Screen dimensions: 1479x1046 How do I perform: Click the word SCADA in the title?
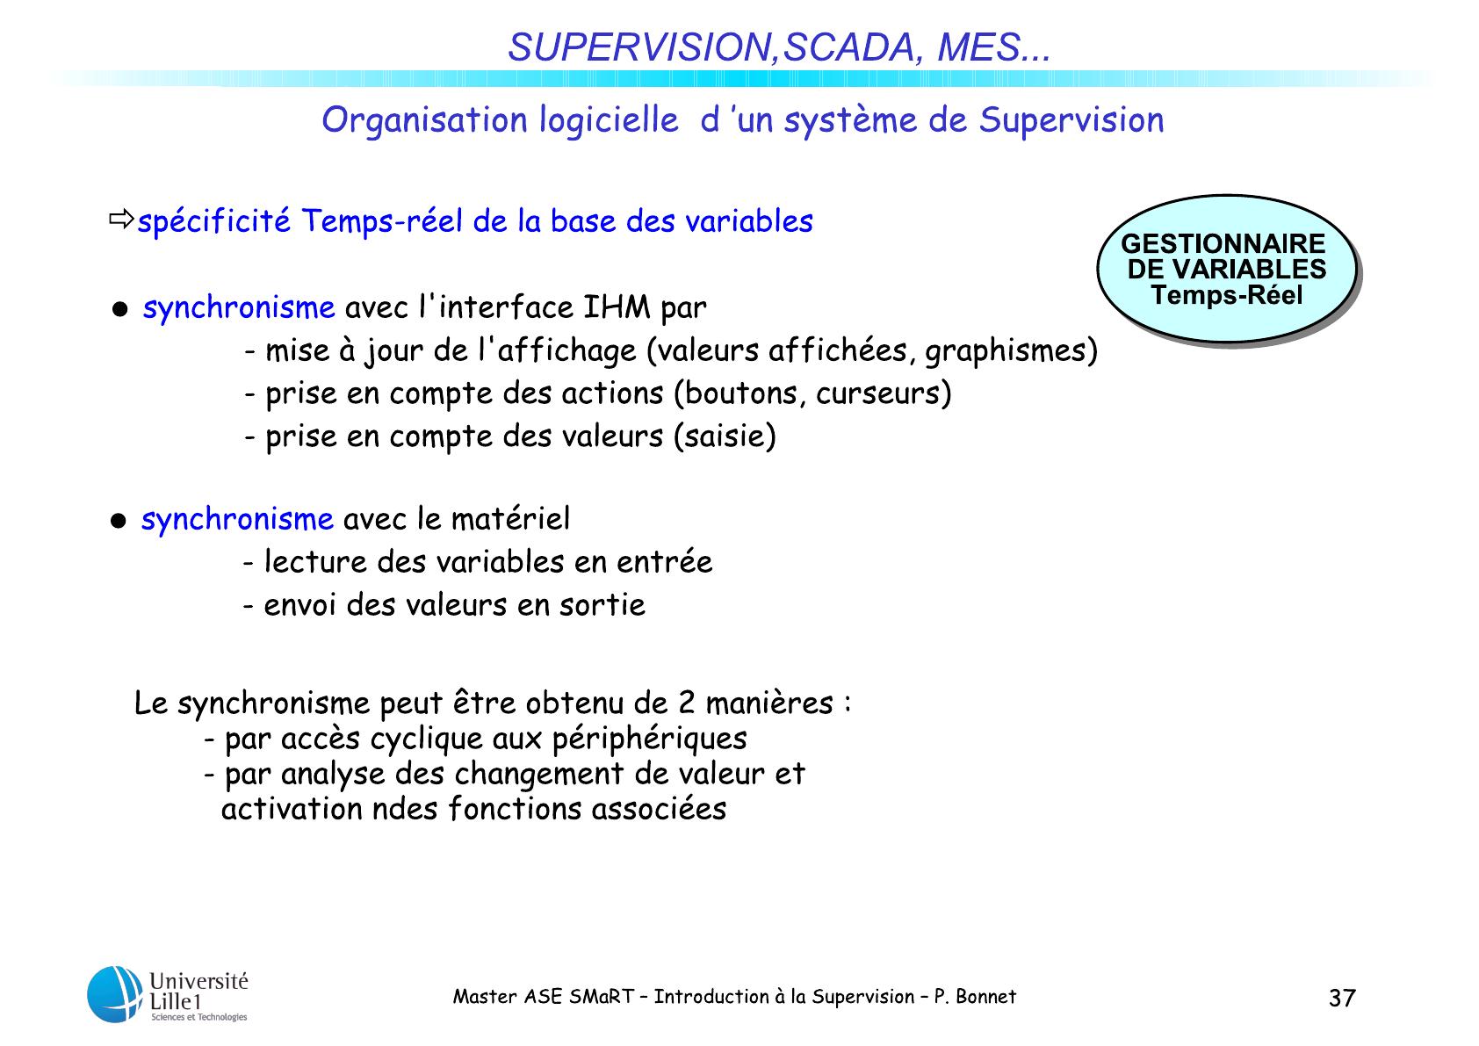[x=849, y=47]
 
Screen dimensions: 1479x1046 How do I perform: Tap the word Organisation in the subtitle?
[x=424, y=121]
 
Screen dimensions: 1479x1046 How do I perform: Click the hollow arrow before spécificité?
[x=121, y=219]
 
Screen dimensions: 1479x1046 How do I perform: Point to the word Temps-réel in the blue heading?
[x=382, y=220]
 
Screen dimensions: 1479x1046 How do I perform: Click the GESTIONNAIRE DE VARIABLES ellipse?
[x=1226, y=269]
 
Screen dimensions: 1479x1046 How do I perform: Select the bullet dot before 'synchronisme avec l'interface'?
[x=119, y=309]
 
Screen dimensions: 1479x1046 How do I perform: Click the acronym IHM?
[x=617, y=307]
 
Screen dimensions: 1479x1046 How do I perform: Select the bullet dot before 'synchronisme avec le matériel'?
[x=119, y=521]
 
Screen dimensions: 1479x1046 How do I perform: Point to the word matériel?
[x=510, y=518]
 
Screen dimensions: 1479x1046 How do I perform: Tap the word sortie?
[x=602, y=605]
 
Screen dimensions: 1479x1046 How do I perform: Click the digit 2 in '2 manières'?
[x=688, y=703]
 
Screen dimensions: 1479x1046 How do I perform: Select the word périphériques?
[x=650, y=739]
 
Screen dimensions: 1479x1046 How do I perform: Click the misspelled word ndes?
[x=405, y=809]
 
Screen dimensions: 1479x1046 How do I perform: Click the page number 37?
[x=1342, y=998]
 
